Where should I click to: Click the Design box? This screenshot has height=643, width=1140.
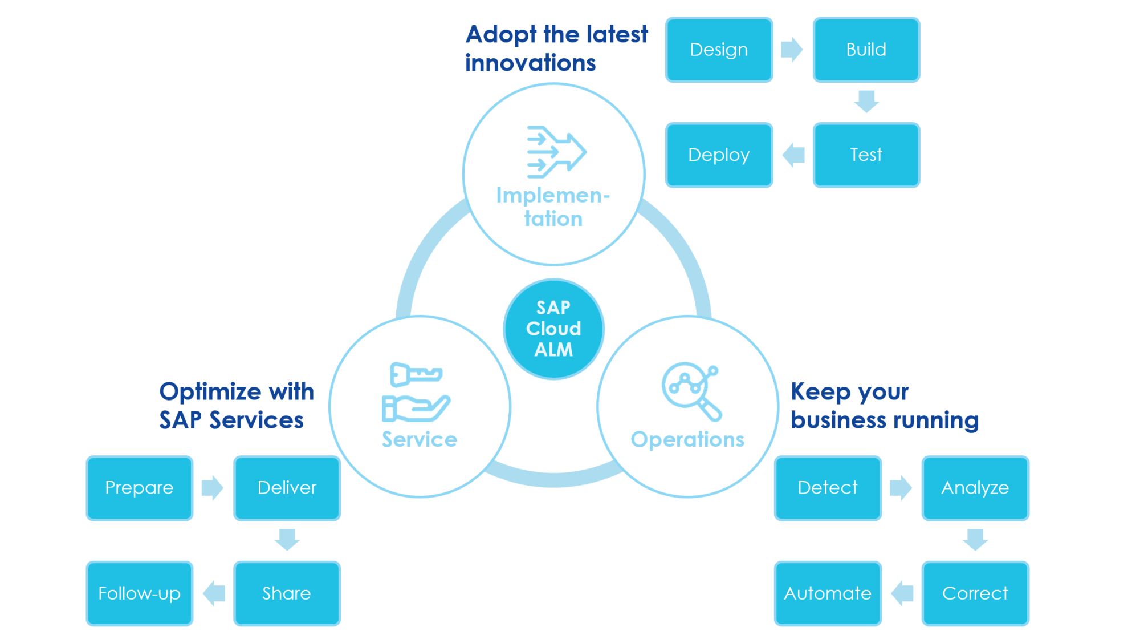[x=719, y=50]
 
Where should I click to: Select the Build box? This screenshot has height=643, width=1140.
[x=866, y=50]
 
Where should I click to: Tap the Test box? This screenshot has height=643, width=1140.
[x=866, y=155]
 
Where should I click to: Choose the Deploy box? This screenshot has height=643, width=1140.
[x=719, y=155]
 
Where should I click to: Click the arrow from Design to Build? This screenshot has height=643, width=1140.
[x=792, y=50]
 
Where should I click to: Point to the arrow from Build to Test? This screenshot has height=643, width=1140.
[x=866, y=101]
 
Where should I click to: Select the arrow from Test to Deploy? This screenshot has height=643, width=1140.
[x=793, y=155]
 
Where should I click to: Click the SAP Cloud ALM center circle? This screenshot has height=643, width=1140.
[x=553, y=329]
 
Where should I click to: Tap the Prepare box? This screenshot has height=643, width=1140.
[x=140, y=488]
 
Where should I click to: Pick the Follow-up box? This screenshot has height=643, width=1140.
[x=140, y=593]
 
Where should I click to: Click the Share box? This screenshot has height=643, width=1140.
[x=287, y=593]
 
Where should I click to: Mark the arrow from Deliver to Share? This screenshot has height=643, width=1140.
[x=287, y=539]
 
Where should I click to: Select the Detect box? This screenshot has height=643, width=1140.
[x=828, y=488]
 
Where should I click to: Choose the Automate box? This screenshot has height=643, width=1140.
[x=828, y=593]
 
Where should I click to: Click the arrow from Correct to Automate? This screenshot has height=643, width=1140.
[x=902, y=593]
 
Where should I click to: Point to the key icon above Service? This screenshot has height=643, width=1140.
[x=416, y=374]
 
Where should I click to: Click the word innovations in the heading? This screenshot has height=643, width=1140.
[x=530, y=63]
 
